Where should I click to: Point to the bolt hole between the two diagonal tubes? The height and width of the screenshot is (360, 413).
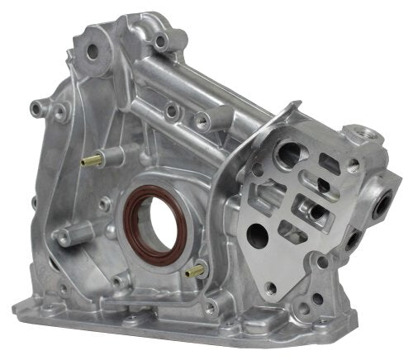click(x=171, y=109)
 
